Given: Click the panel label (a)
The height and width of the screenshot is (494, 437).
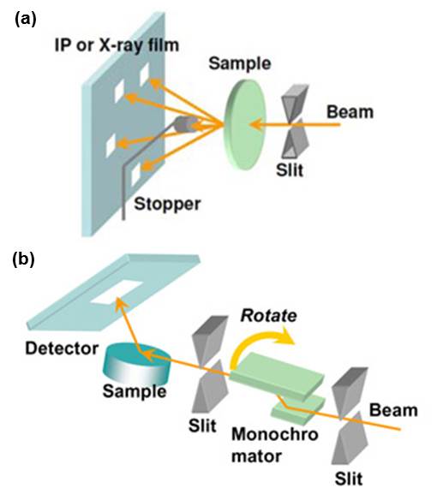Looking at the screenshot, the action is [x=26, y=21].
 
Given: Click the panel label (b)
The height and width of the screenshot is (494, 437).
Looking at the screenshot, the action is [x=23, y=260].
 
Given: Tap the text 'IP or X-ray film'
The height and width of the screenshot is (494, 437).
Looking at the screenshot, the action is [x=117, y=45].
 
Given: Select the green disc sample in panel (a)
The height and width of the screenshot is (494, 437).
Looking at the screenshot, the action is [x=245, y=124].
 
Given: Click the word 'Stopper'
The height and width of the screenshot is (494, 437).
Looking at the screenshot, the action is [x=167, y=204].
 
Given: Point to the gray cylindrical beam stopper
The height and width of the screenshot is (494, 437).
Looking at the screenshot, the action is [x=186, y=124].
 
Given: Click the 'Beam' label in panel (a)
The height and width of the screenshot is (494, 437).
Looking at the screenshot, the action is [x=350, y=112].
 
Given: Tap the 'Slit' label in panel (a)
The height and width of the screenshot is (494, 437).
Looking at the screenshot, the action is [x=290, y=170].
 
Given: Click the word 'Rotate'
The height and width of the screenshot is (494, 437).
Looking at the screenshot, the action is [x=269, y=316].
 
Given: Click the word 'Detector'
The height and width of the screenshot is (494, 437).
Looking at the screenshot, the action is [x=62, y=348].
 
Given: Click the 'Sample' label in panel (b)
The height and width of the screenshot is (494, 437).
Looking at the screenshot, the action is [x=135, y=391].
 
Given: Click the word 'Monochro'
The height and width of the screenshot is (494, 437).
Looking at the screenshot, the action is [x=275, y=434].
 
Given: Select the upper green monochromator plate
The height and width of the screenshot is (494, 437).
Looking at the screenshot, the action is [x=277, y=377].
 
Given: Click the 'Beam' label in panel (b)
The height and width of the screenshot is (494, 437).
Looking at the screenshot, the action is [x=393, y=410].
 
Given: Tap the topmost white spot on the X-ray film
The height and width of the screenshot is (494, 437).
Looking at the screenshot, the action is [x=145, y=74].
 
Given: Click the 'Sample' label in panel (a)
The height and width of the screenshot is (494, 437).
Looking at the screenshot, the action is [x=240, y=63].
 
